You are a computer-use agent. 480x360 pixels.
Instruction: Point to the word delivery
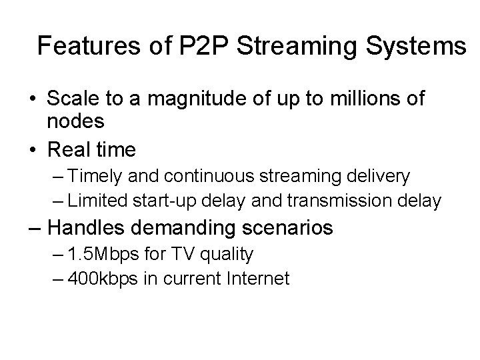coord(379,177)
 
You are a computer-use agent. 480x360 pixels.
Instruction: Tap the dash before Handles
coord(37,228)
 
